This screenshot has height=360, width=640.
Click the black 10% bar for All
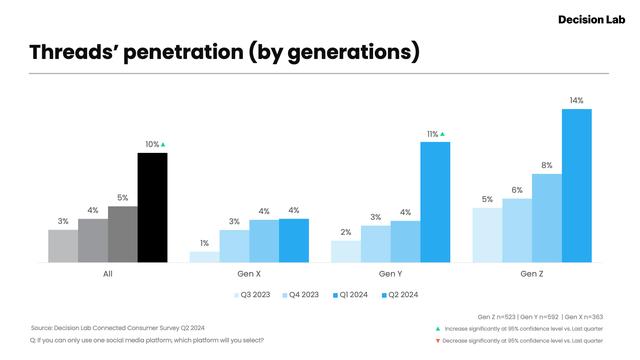(x=152, y=207)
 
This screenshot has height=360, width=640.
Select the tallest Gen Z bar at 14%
(x=577, y=185)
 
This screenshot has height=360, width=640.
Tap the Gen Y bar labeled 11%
(x=435, y=202)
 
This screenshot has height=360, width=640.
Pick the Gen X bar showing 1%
(x=204, y=256)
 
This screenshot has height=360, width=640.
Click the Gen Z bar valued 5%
(x=487, y=235)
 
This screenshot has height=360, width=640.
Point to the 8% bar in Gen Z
(x=547, y=218)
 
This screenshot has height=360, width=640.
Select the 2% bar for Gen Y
(x=345, y=251)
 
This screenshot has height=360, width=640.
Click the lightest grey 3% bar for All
(x=63, y=246)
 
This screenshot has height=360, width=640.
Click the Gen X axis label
(x=249, y=273)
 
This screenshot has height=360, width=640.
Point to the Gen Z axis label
(x=532, y=273)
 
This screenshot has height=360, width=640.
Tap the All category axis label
(x=108, y=273)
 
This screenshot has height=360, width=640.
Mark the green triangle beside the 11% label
(x=443, y=133)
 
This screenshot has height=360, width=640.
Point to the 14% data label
(x=577, y=100)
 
